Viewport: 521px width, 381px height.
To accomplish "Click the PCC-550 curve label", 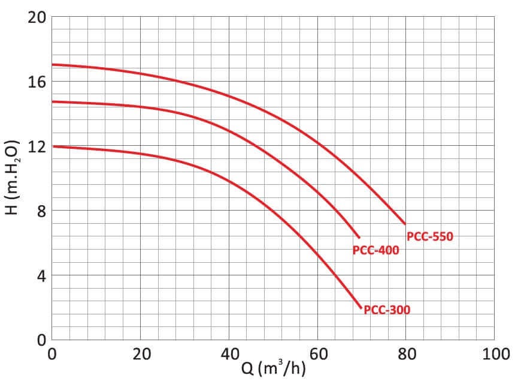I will point(430,236).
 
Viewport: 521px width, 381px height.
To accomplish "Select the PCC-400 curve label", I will point(375,251).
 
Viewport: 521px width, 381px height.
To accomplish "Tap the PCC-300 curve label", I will point(387,310).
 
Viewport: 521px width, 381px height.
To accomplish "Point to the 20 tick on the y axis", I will point(37,17).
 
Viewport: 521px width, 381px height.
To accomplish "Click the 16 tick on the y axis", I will point(37,82).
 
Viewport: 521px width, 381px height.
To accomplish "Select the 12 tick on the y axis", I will point(37,146).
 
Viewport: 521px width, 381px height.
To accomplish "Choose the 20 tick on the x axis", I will point(141,354).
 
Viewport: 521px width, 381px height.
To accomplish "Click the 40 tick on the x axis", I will point(229,354).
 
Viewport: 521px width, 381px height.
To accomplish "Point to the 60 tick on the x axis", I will point(318,354).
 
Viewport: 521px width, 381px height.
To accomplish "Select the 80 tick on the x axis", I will point(407,354).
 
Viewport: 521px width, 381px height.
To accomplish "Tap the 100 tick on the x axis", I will point(494,354).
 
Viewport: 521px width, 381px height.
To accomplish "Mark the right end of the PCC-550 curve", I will point(405,224).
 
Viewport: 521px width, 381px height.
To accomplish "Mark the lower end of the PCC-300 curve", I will point(362,308).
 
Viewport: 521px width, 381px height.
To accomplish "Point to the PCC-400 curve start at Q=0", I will point(53,101).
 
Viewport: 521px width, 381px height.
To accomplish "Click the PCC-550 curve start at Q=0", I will point(53,64).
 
